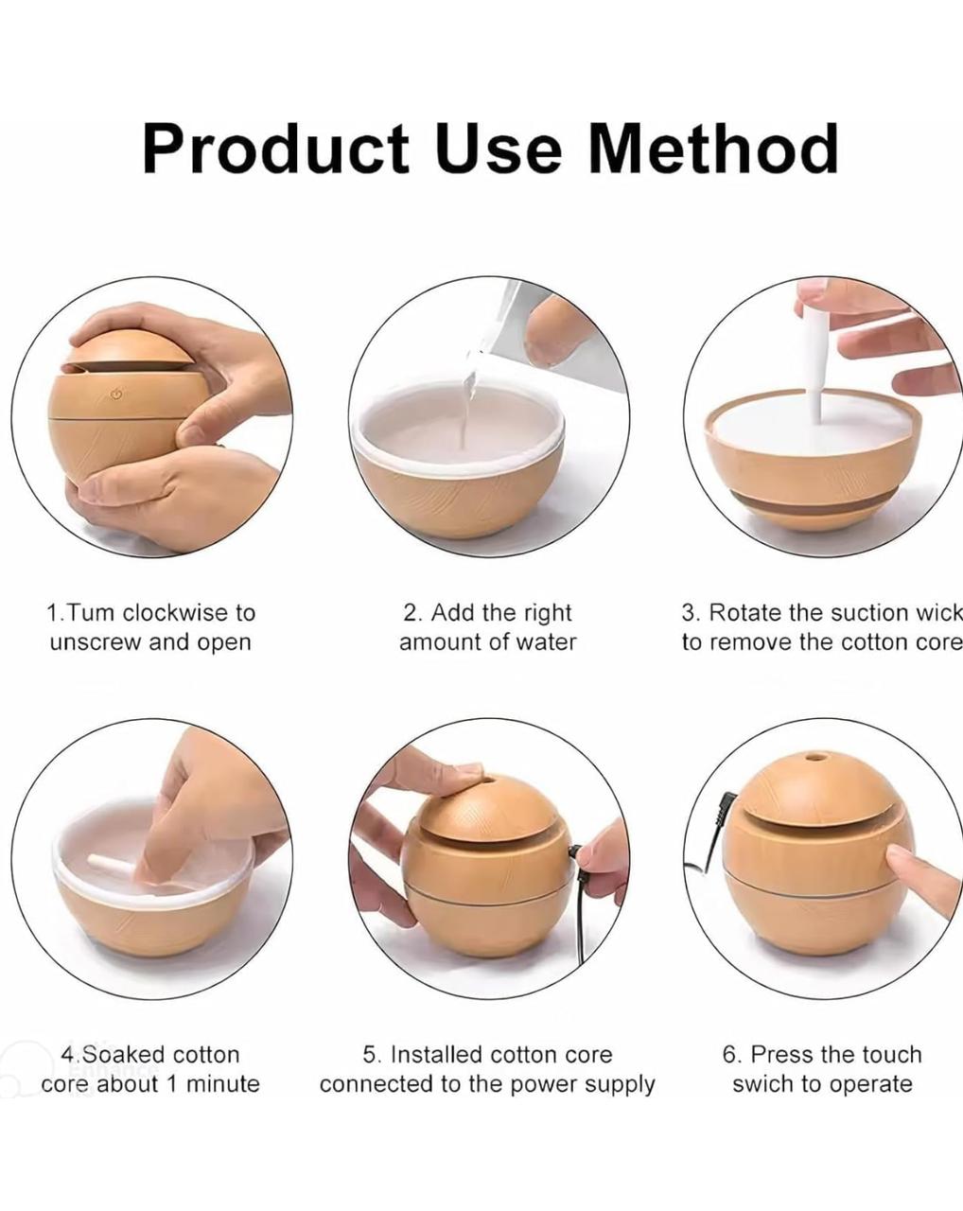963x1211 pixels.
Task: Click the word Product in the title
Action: [276, 149]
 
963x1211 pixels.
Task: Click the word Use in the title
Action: [499, 149]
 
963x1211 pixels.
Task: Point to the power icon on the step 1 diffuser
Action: [117, 394]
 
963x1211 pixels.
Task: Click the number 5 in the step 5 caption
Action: [369, 1055]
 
